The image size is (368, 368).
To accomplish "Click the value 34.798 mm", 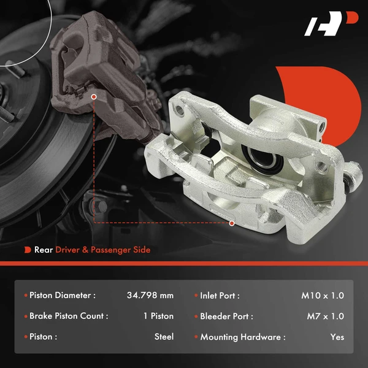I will (150, 296).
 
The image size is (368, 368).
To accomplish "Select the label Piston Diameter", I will (62, 296).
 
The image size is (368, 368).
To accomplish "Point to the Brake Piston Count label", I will (69, 316).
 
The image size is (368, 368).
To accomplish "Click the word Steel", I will (164, 337).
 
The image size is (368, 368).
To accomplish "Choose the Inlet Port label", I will (220, 296).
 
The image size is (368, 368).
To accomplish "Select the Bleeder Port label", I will (226, 316).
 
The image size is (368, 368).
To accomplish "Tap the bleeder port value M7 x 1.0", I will (325, 316).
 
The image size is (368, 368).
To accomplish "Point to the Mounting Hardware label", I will (242, 337).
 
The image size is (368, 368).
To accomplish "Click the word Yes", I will (337, 337).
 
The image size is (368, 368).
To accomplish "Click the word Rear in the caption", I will (43, 250).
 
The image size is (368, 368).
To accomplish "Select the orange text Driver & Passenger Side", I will (102, 250).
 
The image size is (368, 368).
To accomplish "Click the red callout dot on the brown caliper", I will (94, 96).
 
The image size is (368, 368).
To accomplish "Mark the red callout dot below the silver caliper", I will (232, 223).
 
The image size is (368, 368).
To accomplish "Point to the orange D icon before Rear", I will (28, 250).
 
